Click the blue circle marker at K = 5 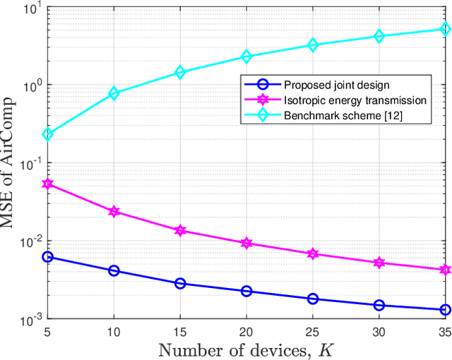(47, 257)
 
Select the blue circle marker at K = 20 (246, 291)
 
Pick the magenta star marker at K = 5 (47, 184)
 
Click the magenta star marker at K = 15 (180, 230)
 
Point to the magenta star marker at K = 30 (379, 263)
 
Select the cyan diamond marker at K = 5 (47, 134)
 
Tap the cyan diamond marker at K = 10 (114, 93)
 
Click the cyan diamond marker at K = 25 (313, 45)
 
